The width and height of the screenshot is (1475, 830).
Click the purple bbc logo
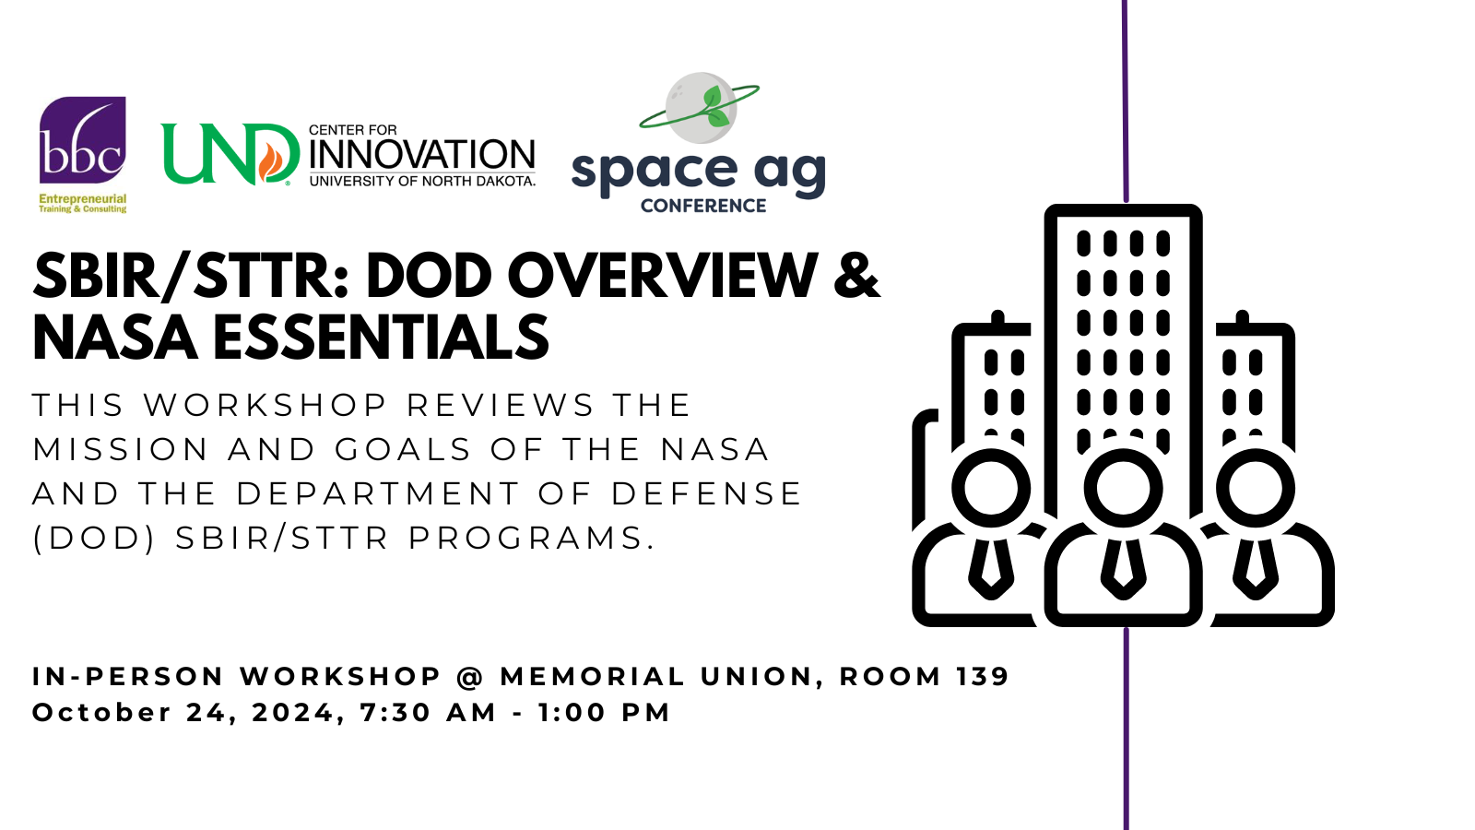(82, 139)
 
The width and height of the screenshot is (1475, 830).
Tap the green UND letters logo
(230, 154)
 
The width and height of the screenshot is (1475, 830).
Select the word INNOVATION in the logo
(422, 155)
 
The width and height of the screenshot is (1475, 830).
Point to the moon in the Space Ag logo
(700, 108)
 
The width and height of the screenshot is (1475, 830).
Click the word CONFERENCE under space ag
(703, 207)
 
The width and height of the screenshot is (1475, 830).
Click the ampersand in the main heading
(856, 276)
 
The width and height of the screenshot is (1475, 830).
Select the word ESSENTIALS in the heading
(381, 338)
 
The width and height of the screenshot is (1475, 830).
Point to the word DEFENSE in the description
(706, 494)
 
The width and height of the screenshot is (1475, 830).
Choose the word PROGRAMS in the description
(525, 539)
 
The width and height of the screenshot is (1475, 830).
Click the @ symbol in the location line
(470, 677)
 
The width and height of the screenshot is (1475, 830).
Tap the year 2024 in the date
(293, 713)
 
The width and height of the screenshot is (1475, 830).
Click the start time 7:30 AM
(428, 713)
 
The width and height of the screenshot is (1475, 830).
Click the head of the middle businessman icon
(1123, 488)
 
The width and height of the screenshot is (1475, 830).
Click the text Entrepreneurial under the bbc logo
(82, 198)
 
